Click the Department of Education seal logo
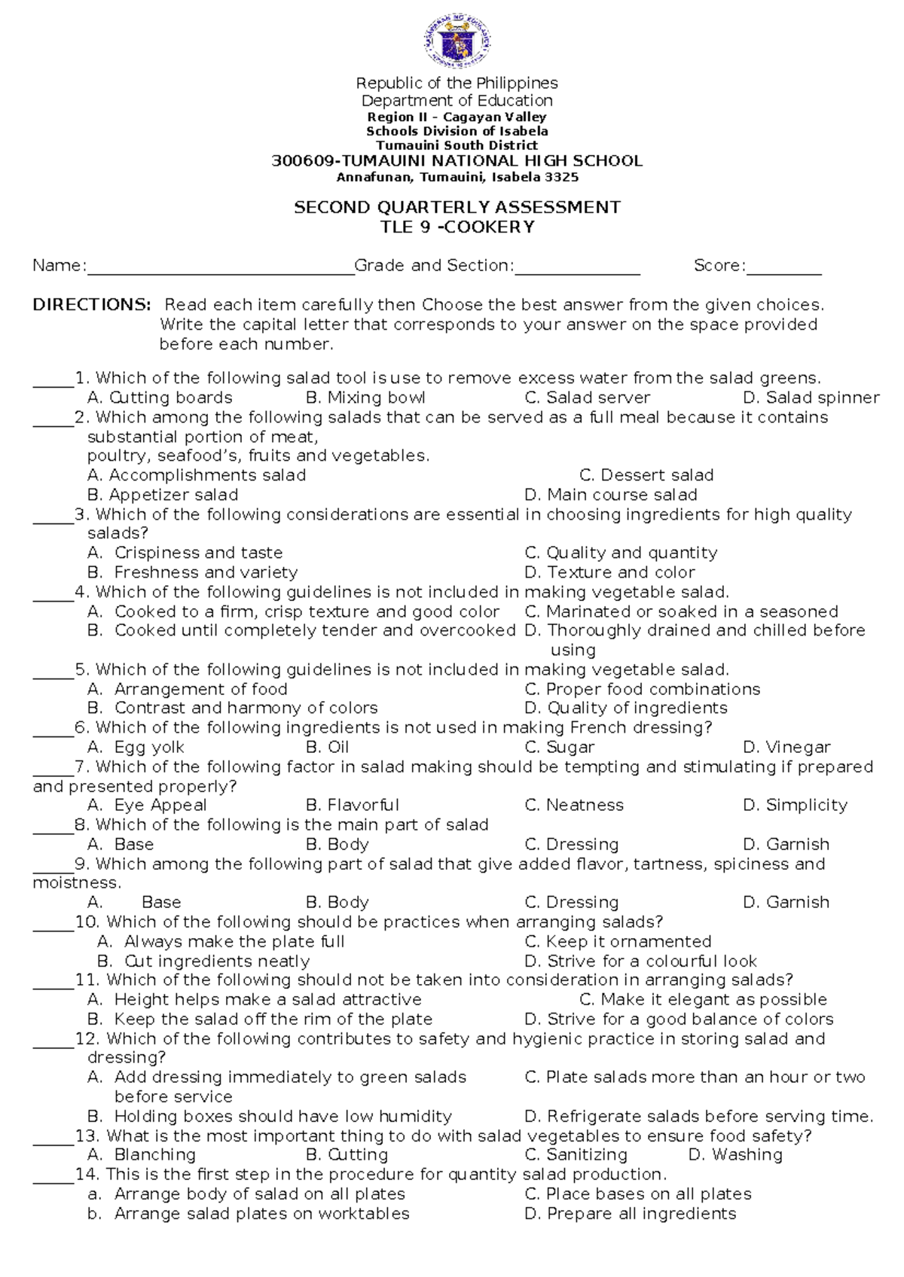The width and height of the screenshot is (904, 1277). point(457,41)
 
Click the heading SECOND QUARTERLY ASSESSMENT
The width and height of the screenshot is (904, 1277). point(457,207)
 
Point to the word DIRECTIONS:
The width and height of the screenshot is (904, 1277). point(92,305)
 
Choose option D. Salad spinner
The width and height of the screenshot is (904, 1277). point(811,398)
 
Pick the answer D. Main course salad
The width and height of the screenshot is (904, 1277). point(610,495)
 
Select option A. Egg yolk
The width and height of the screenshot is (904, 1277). point(136,747)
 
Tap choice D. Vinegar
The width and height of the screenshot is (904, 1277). point(786,747)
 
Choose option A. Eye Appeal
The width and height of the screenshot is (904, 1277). point(147,805)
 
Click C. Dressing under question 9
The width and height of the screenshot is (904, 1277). point(571,902)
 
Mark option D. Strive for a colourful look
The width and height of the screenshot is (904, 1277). point(640,961)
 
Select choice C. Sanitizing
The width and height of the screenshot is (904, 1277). point(576,1154)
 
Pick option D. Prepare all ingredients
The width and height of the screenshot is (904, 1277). point(630,1213)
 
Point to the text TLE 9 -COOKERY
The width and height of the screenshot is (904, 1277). point(457,227)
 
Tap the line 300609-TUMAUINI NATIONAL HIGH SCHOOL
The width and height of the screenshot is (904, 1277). point(457,160)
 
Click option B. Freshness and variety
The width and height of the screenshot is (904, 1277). point(192,572)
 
